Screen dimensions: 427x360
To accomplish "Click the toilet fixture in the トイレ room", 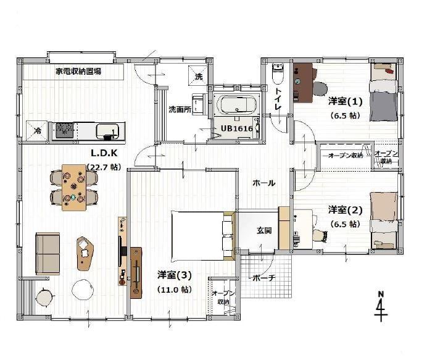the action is [x=278, y=73].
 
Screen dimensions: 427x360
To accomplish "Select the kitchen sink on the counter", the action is [x=107, y=130].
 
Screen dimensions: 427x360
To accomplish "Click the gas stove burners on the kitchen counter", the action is [x=65, y=130].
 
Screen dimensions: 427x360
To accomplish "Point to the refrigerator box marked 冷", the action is [x=37, y=131].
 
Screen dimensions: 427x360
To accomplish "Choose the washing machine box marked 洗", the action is [x=199, y=76].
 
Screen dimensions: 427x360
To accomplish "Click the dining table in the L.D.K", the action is [x=74, y=187].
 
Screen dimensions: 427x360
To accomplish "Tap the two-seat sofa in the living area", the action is [x=48, y=253].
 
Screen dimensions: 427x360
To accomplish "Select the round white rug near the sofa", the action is [x=83, y=290].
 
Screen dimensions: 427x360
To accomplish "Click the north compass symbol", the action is [x=381, y=306].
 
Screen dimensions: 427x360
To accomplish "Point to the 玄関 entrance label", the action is [x=264, y=230].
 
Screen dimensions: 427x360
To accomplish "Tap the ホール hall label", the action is [x=263, y=183].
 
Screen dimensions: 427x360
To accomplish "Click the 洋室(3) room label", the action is [x=175, y=275].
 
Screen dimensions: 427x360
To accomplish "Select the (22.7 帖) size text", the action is [x=104, y=167].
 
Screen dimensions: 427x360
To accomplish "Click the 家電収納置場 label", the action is [x=78, y=72].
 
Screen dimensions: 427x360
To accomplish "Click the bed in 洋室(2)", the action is [x=384, y=220].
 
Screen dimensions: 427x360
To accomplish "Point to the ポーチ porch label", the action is [x=263, y=278].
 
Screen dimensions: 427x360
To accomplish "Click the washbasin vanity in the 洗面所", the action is [x=199, y=104].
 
